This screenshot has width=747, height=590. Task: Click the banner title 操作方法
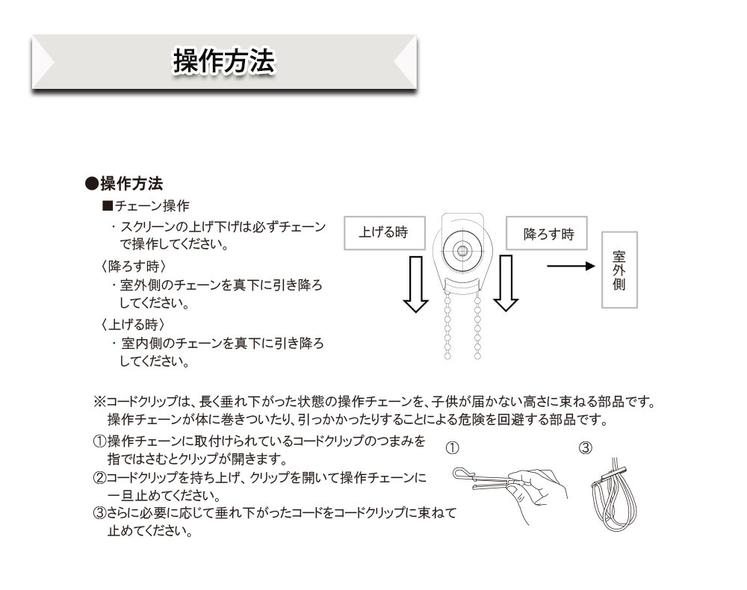coord(224,61)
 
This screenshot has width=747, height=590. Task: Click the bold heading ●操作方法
coord(124,183)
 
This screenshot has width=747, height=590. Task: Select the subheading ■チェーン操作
coord(146,205)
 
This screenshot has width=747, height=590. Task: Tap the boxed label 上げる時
coord(385,233)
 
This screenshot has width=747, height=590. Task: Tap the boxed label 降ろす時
coord(547,233)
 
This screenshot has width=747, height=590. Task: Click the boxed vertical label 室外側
coord(619,270)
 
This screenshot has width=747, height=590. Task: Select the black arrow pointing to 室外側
coord(571,266)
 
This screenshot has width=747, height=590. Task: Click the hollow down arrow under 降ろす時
coord(506,283)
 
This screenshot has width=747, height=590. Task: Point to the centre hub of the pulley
coord(462,249)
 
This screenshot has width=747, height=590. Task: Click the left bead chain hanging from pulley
coord(447,326)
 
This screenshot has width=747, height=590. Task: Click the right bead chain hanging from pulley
coord(477,326)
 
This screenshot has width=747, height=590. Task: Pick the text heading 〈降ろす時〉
coord(133,266)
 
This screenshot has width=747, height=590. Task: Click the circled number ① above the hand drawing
coord(452,448)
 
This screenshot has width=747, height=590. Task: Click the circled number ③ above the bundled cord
coord(586,448)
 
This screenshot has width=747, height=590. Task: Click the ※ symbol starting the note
coord(99,402)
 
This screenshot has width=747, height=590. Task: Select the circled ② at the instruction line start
coord(99,478)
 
